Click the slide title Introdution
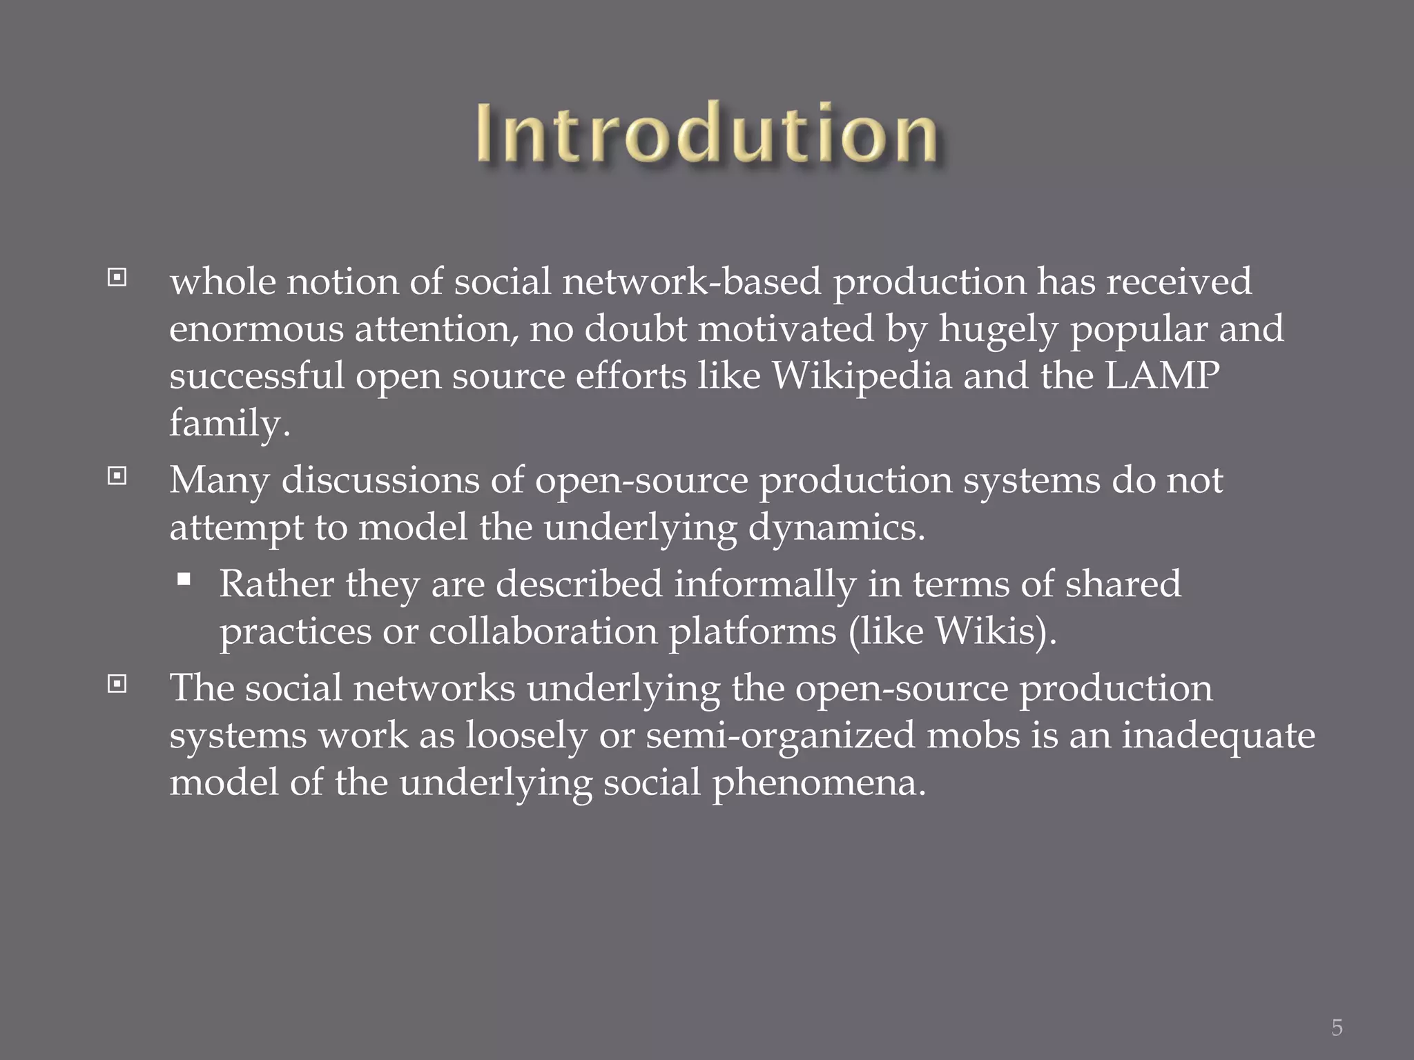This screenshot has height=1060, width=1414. [x=706, y=133]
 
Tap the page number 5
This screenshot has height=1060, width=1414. [x=1337, y=1028]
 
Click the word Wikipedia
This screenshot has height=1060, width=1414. [x=861, y=376]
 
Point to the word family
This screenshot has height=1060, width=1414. [x=229, y=423]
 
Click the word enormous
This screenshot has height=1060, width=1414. [x=256, y=329]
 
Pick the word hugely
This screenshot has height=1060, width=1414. [x=998, y=329]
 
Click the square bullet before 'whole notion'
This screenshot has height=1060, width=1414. [x=117, y=277]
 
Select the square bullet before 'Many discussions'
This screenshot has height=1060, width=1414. [x=117, y=476]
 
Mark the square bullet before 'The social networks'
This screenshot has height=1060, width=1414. [x=117, y=684]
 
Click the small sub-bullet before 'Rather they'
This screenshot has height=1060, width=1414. [x=184, y=580]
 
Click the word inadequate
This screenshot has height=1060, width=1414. [x=1218, y=735]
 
